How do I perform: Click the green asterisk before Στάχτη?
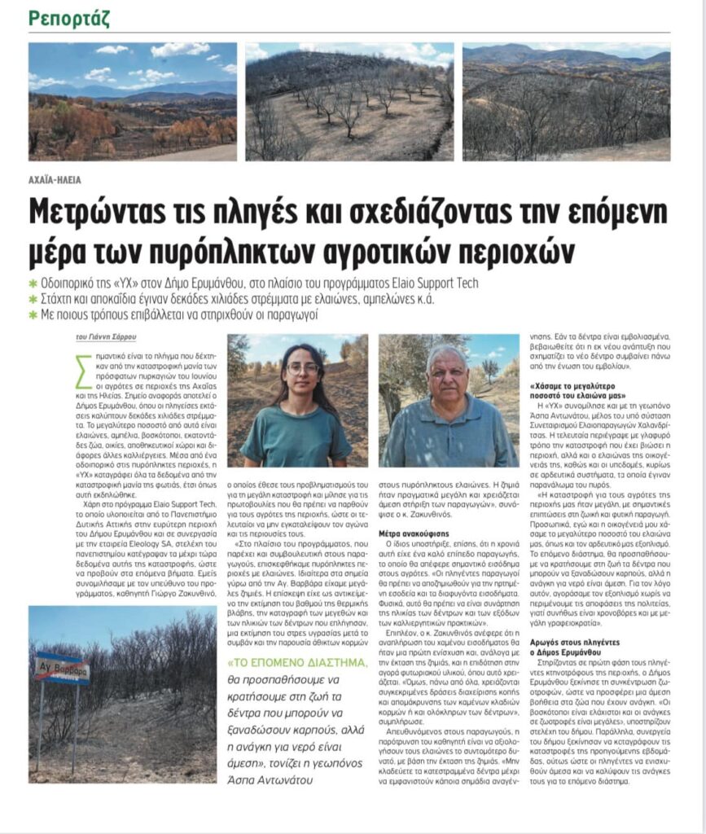[x=33, y=299]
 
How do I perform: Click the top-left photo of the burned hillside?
[x=133, y=101]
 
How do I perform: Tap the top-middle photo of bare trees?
[x=349, y=101]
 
